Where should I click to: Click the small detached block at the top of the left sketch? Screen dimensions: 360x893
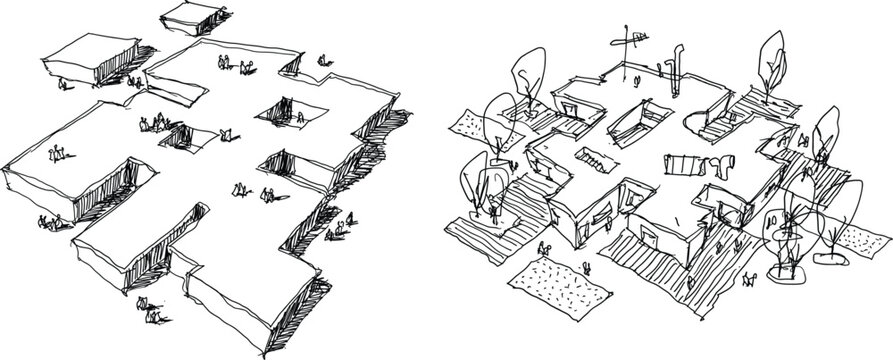(x=191, y=19)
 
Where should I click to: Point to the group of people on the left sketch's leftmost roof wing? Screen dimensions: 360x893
(x=58, y=153)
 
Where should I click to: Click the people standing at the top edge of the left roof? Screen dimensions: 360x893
(x=234, y=65)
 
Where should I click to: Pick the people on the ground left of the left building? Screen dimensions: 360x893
(x=48, y=222)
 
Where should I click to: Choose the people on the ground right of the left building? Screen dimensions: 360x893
(x=337, y=228)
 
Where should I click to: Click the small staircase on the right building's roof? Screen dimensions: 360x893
(x=595, y=160)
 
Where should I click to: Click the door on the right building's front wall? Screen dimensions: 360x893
(x=649, y=236)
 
